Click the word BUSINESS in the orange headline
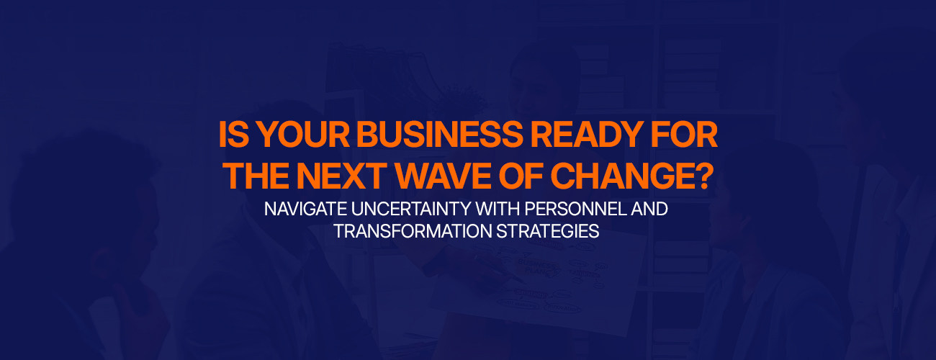coord(440,135)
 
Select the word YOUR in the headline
coord(303,135)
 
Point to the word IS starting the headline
coord(234,135)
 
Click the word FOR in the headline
coord(684,135)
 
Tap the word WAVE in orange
coord(444,176)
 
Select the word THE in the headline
coord(256,176)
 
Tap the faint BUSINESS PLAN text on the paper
coord(536,267)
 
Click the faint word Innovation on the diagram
coord(563,308)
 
